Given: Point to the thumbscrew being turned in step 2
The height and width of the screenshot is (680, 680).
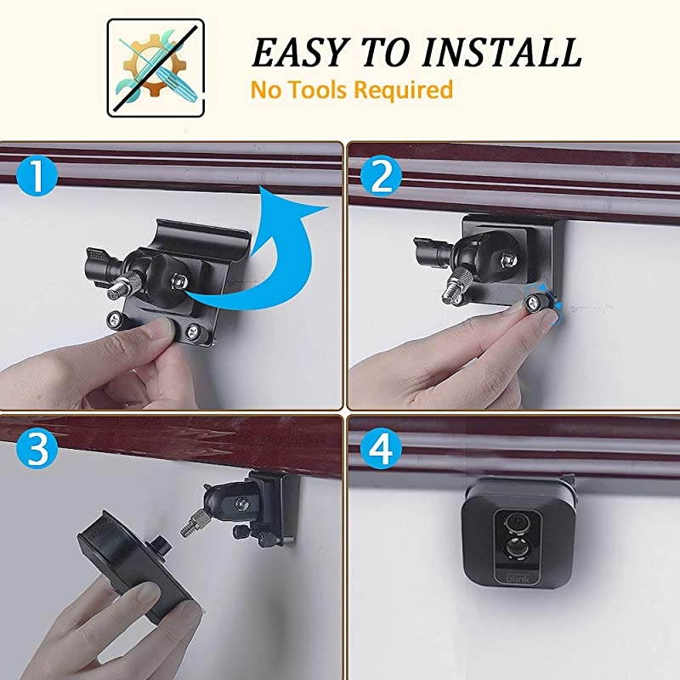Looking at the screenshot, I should (x=536, y=302).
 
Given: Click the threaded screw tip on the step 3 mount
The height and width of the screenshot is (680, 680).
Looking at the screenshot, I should (x=188, y=527).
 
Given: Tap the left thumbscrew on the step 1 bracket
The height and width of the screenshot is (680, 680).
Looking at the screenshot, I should (x=114, y=320).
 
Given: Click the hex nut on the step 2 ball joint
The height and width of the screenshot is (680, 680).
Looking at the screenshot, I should (x=509, y=258).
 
